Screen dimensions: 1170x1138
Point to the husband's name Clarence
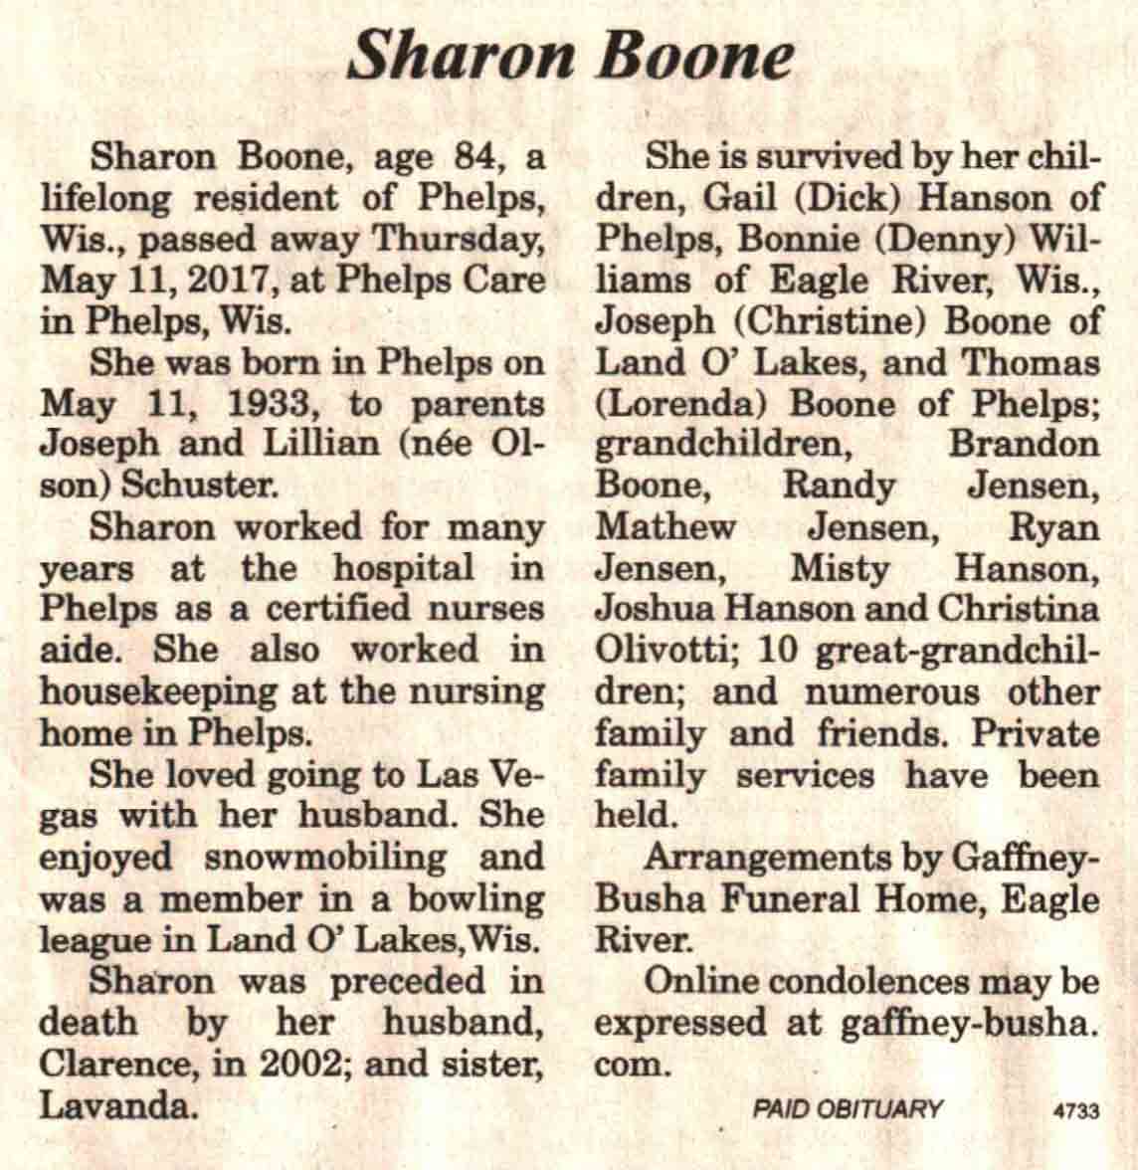pos(113,1065)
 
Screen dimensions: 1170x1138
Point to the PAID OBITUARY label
pos(848,1108)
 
